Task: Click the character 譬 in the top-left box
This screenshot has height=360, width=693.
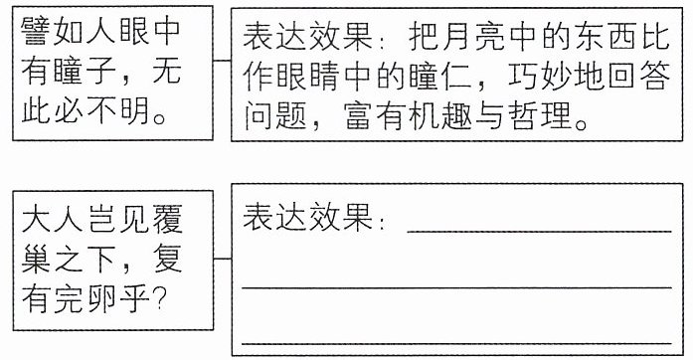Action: point(36,31)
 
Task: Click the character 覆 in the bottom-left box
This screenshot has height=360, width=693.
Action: point(167,218)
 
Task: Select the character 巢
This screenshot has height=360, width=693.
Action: point(36,259)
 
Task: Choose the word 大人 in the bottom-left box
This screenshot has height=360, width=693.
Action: point(52,218)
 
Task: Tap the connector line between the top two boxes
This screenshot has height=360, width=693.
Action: point(222,60)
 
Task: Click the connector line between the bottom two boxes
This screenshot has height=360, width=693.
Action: point(223,259)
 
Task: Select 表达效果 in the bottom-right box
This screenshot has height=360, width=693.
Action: point(307,217)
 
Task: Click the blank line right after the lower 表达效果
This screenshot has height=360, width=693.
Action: point(539,231)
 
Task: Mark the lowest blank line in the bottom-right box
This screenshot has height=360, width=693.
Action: point(456,343)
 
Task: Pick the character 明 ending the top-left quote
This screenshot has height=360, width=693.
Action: point(134,109)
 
